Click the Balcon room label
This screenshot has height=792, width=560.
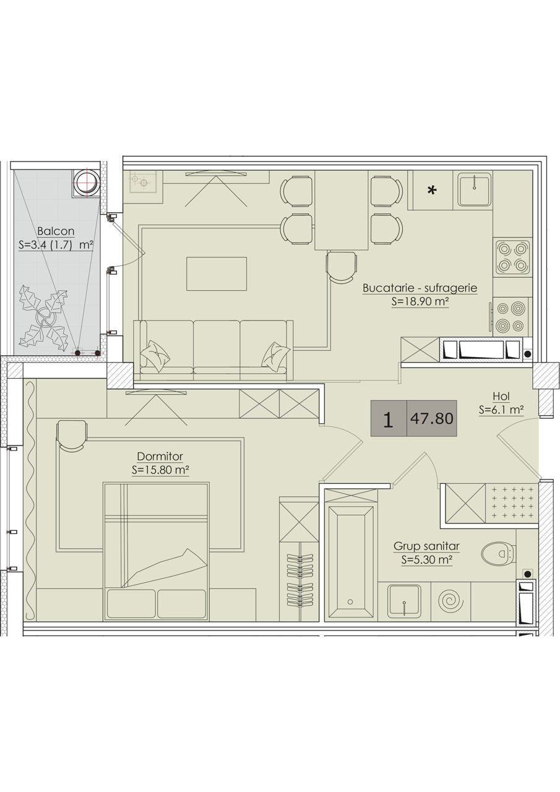pos(56,231)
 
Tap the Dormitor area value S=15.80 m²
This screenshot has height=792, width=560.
pos(160,470)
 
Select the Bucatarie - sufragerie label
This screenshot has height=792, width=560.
pos(420,288)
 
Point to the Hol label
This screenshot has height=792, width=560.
pos(501,397)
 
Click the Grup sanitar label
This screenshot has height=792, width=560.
pos(427,546)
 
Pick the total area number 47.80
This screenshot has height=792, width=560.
pos(432,418)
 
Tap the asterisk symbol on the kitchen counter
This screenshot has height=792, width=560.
pos(432,191)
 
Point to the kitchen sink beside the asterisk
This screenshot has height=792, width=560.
pos(475,189)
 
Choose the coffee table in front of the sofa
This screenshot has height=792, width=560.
pos(217,273)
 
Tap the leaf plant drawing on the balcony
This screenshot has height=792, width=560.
pos(44,318)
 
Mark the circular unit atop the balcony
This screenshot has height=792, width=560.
pos(87,183)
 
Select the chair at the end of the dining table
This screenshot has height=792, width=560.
pos(341,266)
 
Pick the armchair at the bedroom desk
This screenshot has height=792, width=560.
pos(72,436)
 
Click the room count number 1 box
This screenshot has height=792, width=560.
pos(389,418)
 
